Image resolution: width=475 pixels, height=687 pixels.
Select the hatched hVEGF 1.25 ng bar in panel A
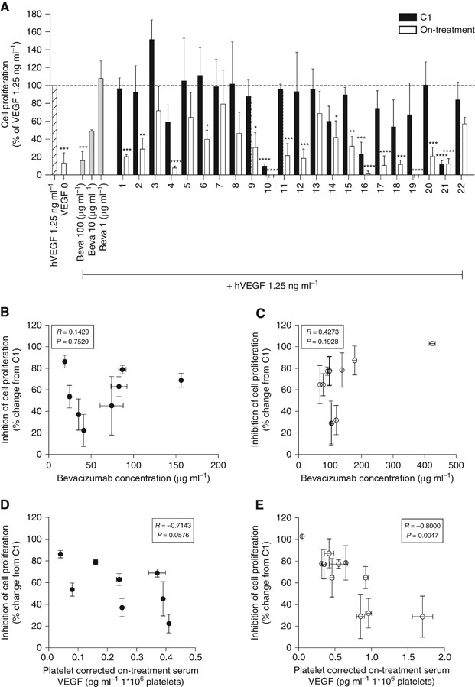click(x=54, y=130)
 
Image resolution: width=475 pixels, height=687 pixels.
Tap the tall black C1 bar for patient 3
click(x=151, y=107)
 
